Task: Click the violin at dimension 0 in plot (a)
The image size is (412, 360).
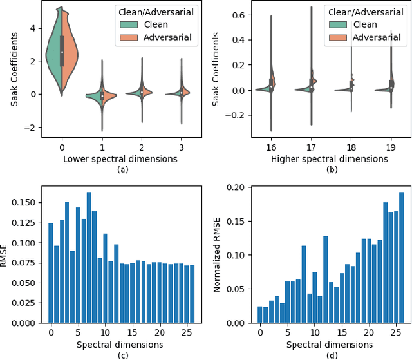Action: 62,52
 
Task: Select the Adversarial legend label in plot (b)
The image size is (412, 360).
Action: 370,37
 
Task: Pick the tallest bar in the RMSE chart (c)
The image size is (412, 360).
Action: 89,258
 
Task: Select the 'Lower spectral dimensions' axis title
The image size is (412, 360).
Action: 102,158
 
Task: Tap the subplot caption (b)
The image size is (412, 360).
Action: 331,169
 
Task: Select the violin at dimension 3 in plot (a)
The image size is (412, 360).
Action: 182,93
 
